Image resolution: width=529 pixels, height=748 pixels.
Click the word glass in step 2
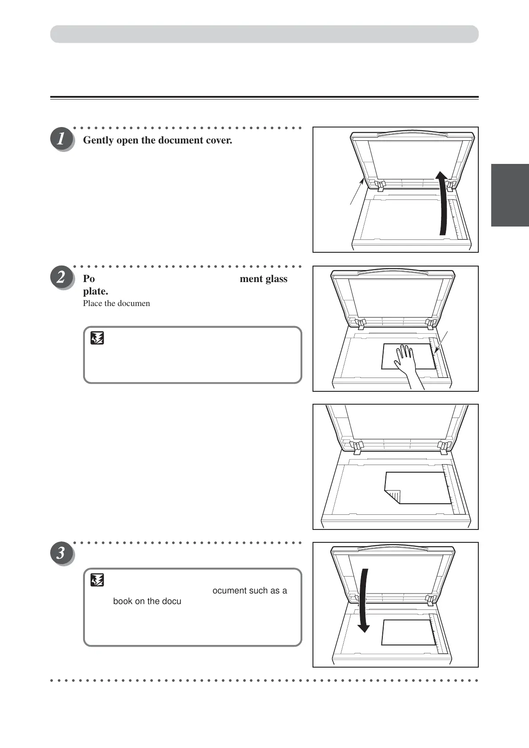[x=277, y=279]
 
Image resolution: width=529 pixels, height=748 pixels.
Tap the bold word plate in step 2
[x=95, y=291]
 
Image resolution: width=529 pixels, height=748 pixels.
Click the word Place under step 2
[x=92, y=303]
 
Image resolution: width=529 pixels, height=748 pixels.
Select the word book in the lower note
[x=123, y=601]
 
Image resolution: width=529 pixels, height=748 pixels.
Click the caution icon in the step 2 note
[x=97, y=339]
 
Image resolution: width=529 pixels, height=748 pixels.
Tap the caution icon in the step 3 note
[x=97, y=580]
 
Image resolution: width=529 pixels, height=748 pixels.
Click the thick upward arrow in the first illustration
[x=442, y=204]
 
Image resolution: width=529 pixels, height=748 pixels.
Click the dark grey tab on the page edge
[x=510, y=195]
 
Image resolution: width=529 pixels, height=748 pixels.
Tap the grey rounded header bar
[x=264, y=34]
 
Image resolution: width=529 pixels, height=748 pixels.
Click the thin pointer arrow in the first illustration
[x=357, y=191]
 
